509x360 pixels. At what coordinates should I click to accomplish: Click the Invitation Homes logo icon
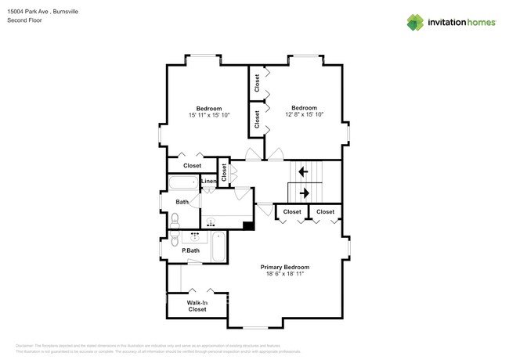tap(415, 22)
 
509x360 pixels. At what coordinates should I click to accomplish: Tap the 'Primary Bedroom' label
tap(284, 267)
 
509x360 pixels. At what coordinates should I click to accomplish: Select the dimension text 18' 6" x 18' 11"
tap(284, 275)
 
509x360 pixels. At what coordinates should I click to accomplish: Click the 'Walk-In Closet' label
tap(197, 306)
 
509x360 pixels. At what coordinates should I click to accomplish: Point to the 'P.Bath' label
tap(190, 250)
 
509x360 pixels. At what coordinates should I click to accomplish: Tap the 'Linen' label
tap(208, 182)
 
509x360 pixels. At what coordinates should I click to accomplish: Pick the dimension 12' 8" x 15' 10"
tap(304, 115)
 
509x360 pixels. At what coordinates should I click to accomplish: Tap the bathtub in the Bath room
tap(183, 183)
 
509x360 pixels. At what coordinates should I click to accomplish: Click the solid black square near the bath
tap(248, 226)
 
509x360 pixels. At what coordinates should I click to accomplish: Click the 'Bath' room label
tap(182, 202)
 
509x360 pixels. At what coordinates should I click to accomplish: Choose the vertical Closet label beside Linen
tap(224, 173)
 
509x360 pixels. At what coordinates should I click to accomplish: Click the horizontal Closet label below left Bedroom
tap(192, 166)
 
